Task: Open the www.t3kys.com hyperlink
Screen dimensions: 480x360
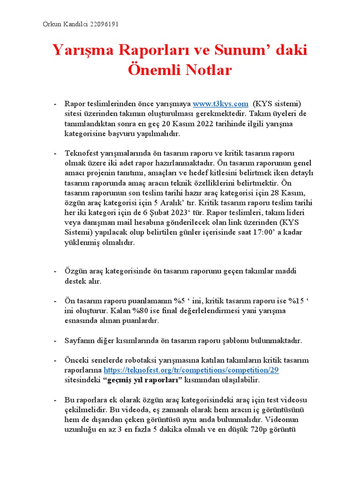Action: click(x=220, y=104)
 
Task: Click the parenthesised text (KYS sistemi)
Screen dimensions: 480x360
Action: click(x=277, y=104)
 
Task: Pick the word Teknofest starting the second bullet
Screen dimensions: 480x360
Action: click(x=81, y=154)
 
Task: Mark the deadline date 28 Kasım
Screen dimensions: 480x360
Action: click(x=286, y=193)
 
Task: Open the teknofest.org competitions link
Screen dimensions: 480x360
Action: click(x=195, y=369)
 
